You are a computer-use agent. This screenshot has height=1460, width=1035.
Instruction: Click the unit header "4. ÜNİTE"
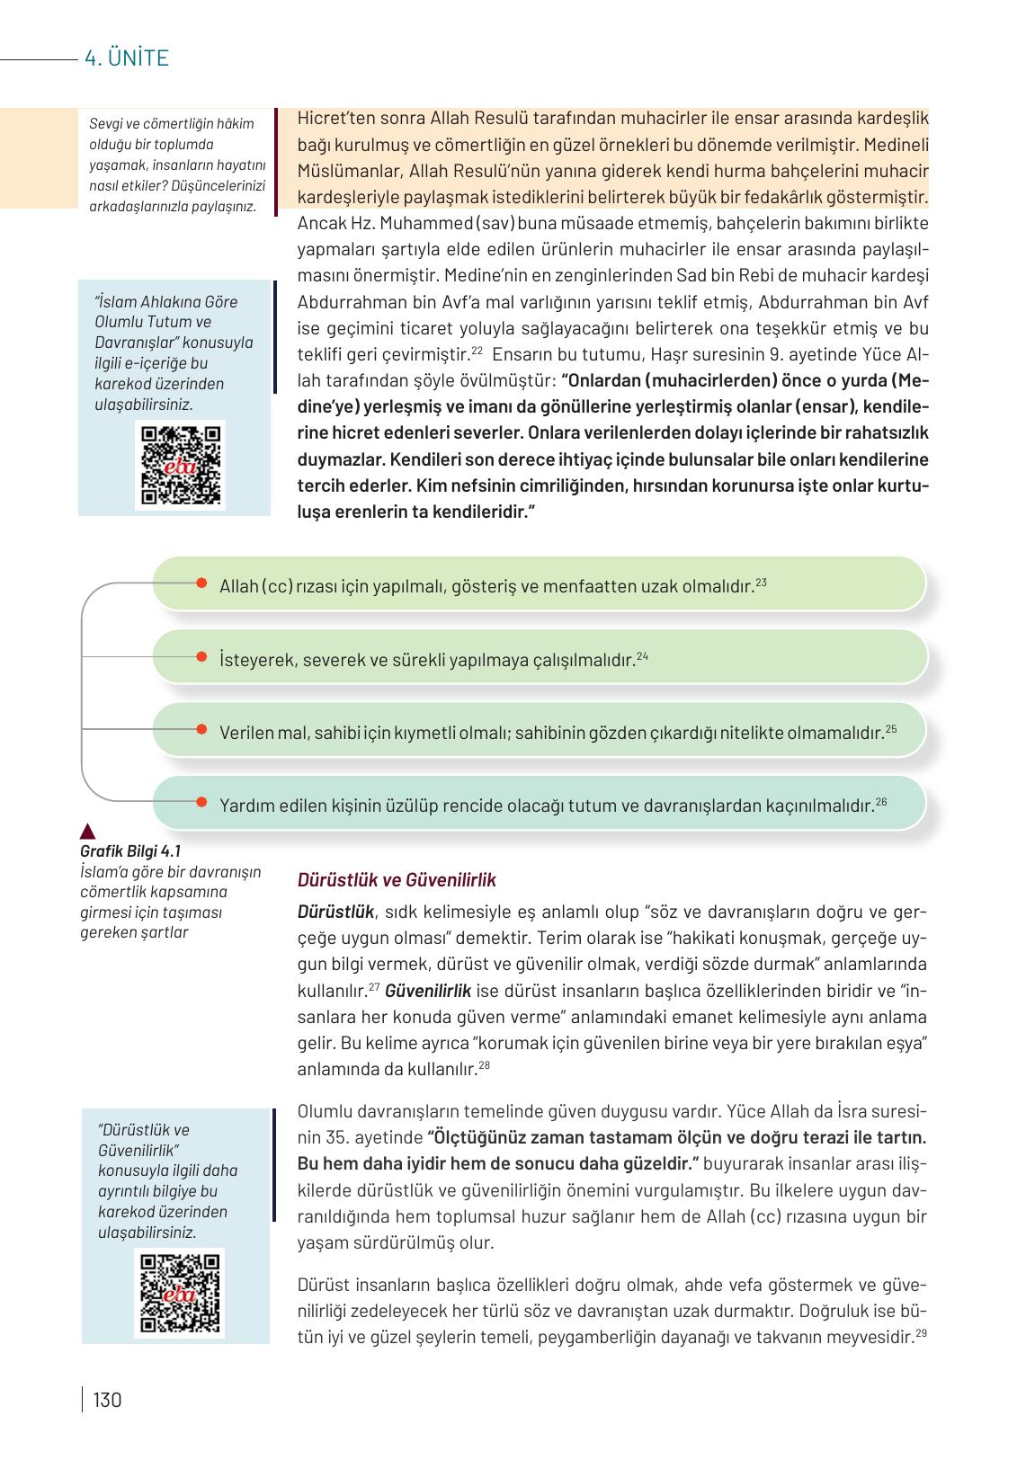(x=126, y=59)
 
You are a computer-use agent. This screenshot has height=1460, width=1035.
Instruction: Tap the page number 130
(x=106, y=1400)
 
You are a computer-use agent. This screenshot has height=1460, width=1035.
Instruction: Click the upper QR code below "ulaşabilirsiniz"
(x=180, y=465)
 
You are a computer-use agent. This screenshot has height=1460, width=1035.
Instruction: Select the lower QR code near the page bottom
(x=180, y=1292)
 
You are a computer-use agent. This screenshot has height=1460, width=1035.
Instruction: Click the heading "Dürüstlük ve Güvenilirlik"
(x=397, y=880)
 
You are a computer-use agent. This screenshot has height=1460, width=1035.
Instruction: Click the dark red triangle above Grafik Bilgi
(x=88, y=831)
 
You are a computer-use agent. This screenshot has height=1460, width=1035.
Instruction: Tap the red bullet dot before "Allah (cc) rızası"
(x=201, y=583)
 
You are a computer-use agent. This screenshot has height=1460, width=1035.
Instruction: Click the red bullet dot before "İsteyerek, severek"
(x=201, y=656)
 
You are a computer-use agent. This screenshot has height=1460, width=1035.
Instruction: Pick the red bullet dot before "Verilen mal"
(x=201, y=730)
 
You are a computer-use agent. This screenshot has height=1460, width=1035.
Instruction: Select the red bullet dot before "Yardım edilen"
(x=201, y=802)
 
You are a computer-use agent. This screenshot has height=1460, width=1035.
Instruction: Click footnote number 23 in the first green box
(x=761, y=583)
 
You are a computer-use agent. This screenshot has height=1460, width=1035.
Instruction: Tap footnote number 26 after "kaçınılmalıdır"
(x=881, y=801)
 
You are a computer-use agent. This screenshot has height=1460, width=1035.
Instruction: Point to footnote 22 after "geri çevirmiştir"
(x=477, y=351)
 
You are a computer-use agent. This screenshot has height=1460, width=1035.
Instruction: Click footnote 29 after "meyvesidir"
(x=921, y=1332)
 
